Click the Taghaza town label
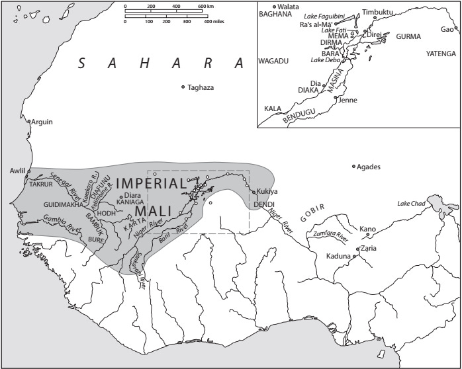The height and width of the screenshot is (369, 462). (x=201, y=87)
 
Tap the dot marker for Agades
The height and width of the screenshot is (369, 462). (x=353, y=166)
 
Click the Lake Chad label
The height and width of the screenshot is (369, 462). (x=412, y=203)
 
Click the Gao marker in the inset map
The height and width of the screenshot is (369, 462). (x=455, y=28)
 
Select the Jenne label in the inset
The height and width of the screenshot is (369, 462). (x=347, y=101)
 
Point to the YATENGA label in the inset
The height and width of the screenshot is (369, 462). (x=441, y=54)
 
